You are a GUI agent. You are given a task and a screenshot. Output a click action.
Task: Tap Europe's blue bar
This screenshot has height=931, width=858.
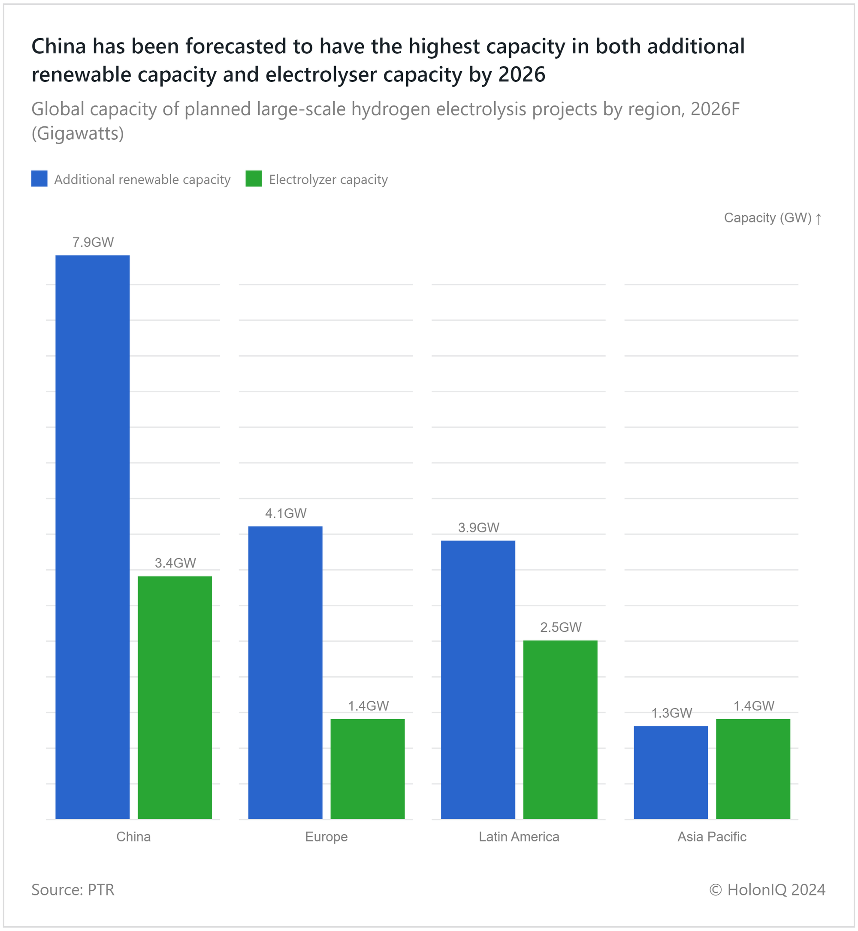(285, 672)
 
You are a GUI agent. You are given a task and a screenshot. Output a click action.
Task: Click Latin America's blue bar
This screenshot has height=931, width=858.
(478, 679)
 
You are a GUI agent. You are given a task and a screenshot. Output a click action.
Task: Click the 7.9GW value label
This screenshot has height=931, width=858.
(93, 242)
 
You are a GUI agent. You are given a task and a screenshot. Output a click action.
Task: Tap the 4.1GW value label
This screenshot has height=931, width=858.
(286, 513)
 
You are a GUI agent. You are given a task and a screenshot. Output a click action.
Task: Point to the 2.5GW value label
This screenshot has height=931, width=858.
(560, 627)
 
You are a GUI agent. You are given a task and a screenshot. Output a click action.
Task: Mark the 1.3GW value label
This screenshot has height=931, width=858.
(671, 713)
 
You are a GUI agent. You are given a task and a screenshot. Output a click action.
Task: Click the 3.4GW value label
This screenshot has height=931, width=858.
(175, 563)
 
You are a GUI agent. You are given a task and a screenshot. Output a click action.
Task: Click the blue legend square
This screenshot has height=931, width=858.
(39, 179)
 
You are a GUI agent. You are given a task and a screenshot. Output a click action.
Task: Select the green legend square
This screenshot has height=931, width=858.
(254, 179)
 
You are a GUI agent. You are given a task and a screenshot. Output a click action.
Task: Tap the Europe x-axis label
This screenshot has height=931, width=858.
(326, 836)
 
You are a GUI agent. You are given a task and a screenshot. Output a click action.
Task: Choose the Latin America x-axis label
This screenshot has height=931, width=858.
(519, 836)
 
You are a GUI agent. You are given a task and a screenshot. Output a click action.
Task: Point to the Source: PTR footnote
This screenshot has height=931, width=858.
(73, 889)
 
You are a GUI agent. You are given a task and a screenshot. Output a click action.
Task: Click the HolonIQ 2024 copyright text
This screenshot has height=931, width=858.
(767, 889)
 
